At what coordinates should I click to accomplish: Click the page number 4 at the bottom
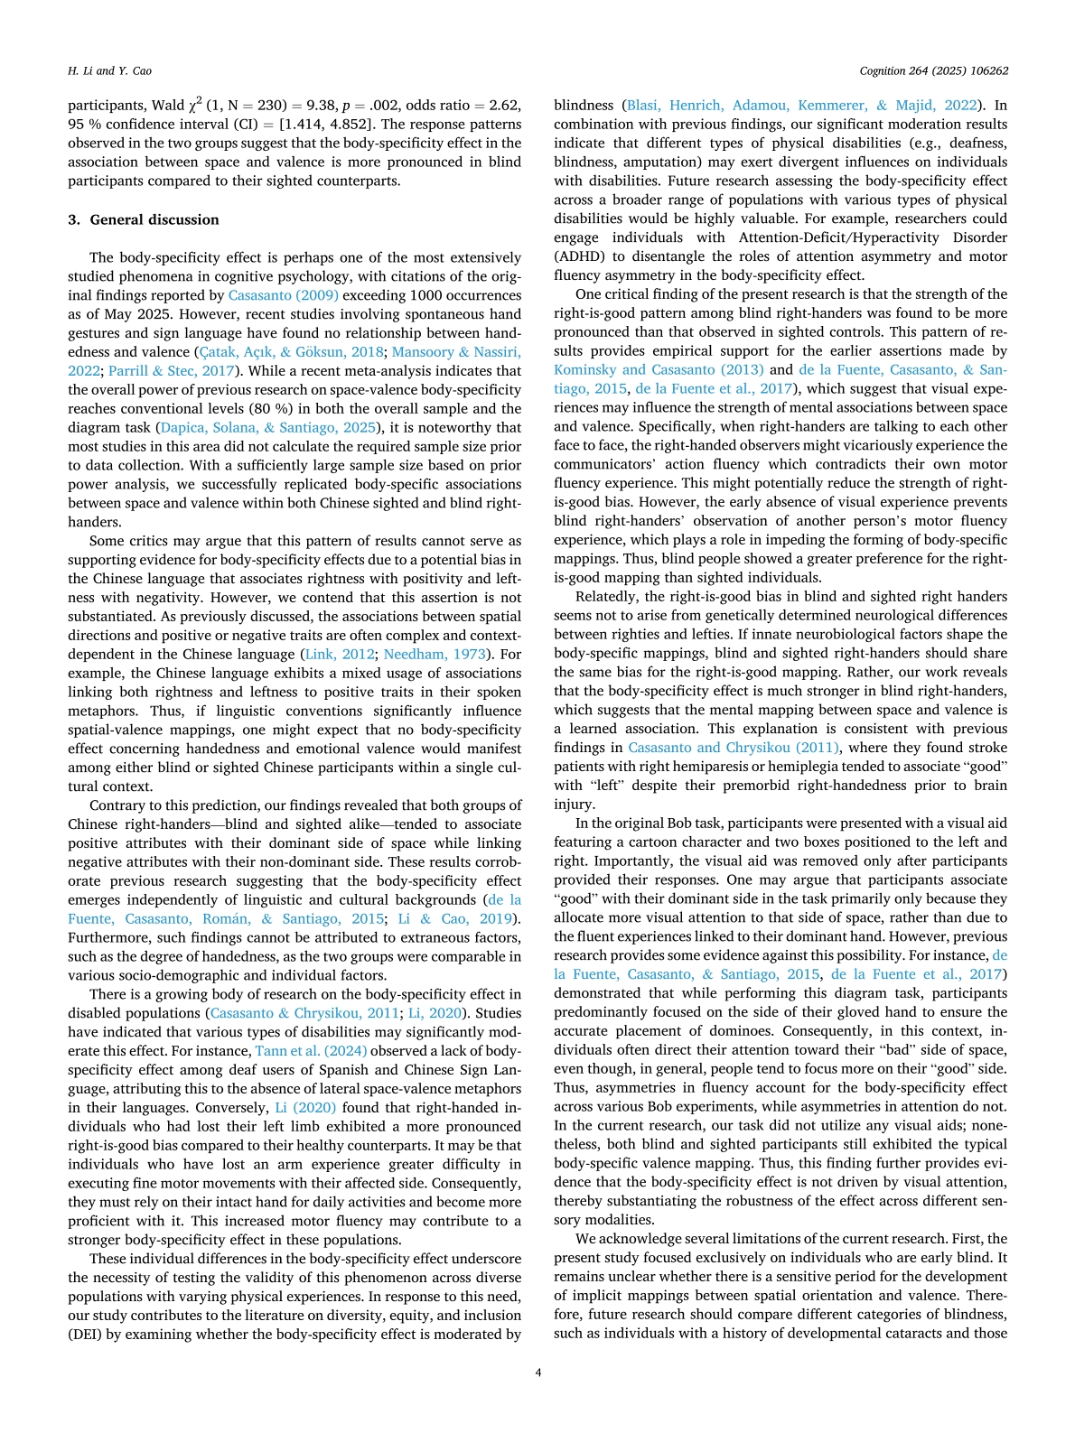pyautogui.click(x=538, y=1373)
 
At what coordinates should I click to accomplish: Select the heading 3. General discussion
pyautogui.click(x=144, y=219)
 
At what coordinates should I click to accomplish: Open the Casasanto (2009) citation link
pyautogui.click(x=284, y=295)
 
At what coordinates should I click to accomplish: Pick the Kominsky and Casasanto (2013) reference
pyautogui.click(x=659, y=370)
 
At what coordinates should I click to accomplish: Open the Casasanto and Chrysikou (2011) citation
pyautogui.click(x=734, y=748)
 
